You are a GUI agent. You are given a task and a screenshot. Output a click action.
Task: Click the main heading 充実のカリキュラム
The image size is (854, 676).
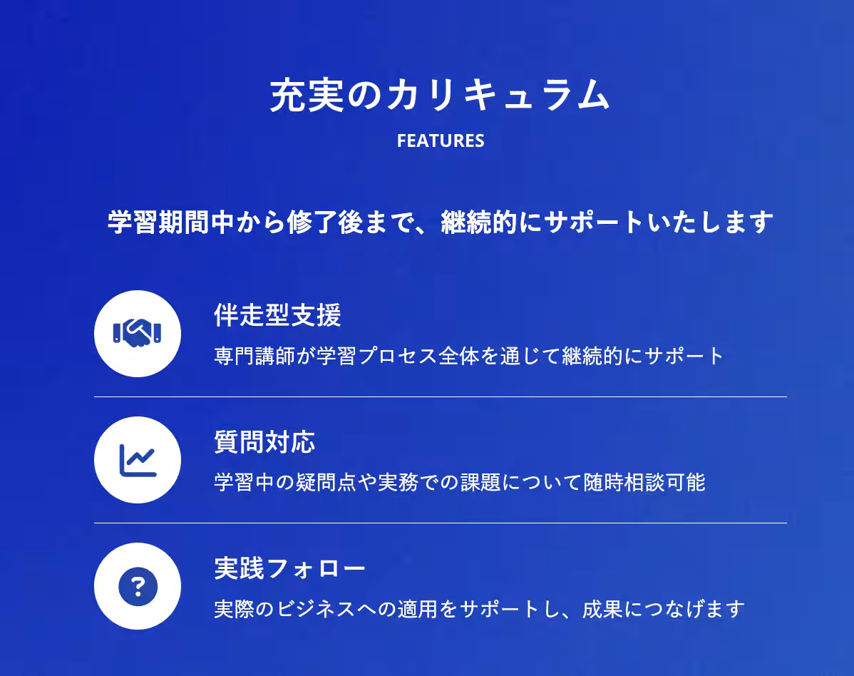tap(440, 96)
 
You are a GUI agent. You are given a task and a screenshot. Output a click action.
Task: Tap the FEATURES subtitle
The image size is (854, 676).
tap(440, 140)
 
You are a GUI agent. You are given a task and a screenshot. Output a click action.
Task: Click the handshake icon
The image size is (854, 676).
tap(137, 333)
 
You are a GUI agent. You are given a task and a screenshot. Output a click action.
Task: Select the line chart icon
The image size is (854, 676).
tap(137, 460)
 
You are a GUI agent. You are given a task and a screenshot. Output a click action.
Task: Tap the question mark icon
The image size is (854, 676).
tap(137, 586)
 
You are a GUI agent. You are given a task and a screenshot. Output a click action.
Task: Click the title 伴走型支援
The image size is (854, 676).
tap(277, 315)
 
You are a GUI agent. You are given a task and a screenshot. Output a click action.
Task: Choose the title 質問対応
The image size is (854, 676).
tap(264, 442)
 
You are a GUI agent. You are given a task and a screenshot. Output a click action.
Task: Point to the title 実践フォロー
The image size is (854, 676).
tap(289, 568)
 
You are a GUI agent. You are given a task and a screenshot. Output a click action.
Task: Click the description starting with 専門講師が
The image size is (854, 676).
tap(469, 356)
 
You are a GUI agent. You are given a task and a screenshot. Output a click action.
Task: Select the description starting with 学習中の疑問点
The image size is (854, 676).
tap(460, 483)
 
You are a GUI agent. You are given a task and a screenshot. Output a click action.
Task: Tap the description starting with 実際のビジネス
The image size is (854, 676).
tap(479, 610)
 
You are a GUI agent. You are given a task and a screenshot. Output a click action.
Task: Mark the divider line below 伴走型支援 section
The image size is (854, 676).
tap(440, 396)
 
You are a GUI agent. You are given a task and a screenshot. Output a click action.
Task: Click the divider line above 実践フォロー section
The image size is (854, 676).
tap(440, 523)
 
